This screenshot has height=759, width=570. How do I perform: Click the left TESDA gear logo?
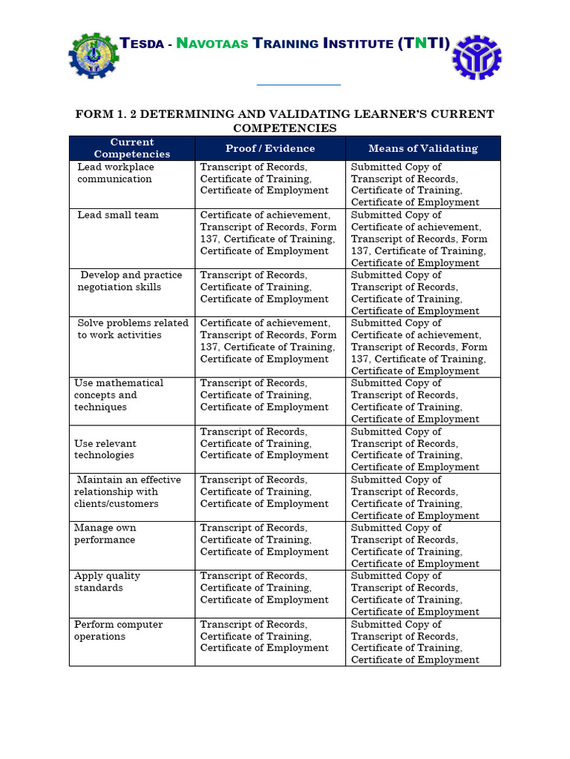(x=93, y=56)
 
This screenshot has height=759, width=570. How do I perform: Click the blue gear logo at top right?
(x=476, y=56)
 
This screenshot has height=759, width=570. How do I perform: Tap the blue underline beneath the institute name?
(x=298, y=85)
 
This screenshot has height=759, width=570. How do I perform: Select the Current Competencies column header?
(x=132, y=148)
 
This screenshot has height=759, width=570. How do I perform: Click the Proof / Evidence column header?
(x=270, y=148)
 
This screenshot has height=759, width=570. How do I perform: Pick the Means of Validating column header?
(x=423, y=148)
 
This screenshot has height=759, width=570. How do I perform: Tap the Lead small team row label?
(x=118, y=215)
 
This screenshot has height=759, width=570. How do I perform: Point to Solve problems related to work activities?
(x=132, y=329)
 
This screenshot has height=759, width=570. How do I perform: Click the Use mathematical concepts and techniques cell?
(x=119, y=395)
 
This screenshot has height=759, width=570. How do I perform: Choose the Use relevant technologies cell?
(x=105, y=449)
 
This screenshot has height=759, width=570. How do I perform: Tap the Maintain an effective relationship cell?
(x=128, y=491)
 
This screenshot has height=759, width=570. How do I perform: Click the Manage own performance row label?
(x=105, y=534)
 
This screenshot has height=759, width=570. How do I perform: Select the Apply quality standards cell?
(x=107, y=582)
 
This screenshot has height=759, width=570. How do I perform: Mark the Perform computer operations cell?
(x=118, y=630)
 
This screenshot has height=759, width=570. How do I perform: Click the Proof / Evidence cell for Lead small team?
(x=269, y=233)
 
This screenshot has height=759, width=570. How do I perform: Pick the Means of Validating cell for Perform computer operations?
(x=415, y=642)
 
